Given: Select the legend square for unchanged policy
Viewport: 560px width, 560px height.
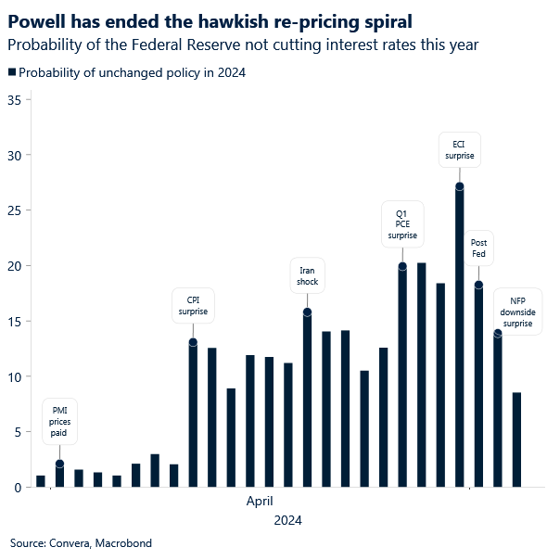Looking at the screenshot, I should (x=11, y=72).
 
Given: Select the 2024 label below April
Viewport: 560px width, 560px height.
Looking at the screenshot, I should (x=287, y=521).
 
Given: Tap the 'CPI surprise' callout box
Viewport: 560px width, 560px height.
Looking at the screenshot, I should (x=193, y=306).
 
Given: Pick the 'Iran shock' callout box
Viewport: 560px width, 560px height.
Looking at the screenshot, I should (x=307, y=276).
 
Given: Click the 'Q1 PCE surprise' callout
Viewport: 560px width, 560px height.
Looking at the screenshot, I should (x=402, y=223).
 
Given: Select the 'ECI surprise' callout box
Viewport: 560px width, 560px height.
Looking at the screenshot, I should (x=459, y=150).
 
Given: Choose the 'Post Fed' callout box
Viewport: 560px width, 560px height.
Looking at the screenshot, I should (x=478, y=248).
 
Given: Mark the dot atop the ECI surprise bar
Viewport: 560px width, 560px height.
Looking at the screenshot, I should (x=460, y=186).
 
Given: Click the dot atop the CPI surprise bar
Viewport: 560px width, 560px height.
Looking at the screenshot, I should (x=193, y=342).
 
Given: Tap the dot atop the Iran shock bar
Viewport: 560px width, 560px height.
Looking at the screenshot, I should (x=307, y=312).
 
